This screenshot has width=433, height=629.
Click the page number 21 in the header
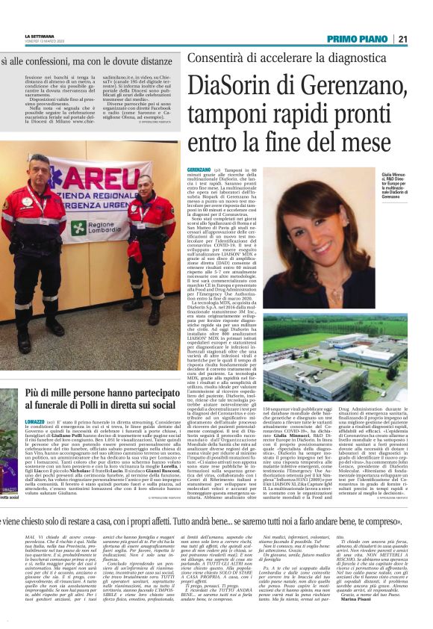click(x=423, y=39)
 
